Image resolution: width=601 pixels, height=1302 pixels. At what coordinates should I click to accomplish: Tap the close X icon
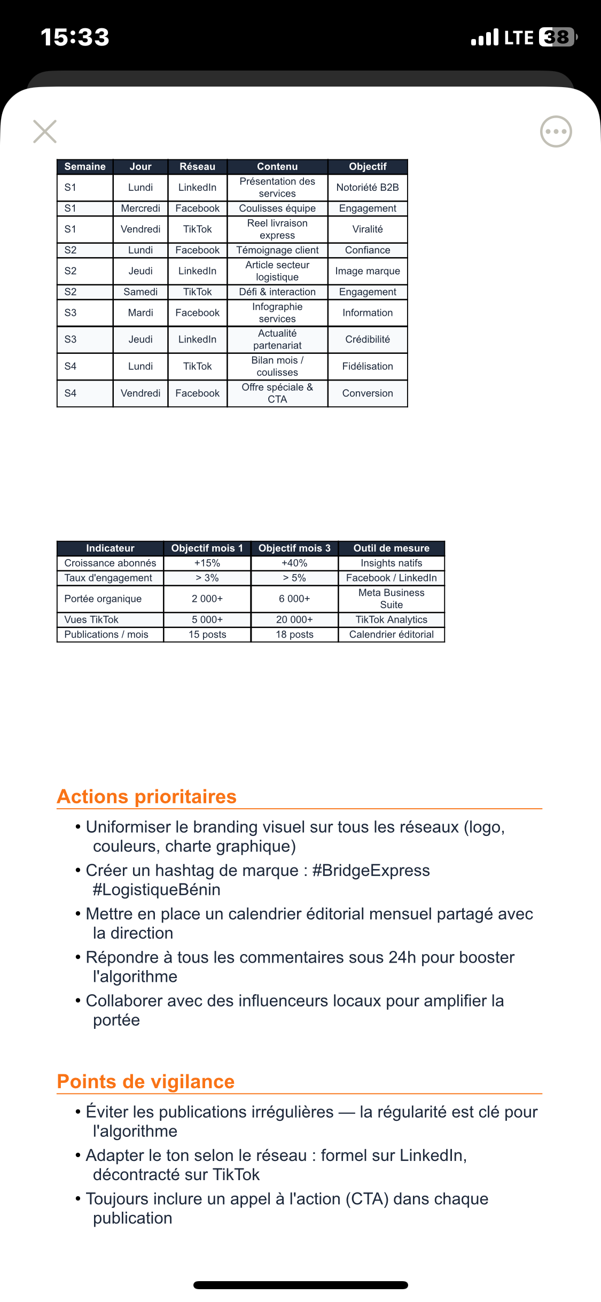pos(45,131)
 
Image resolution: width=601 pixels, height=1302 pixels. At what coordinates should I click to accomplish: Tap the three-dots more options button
pos(556,131)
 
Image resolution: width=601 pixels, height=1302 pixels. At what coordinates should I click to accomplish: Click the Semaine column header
pos(85,167)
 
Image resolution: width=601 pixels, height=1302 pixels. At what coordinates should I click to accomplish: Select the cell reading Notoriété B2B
pos(368,188)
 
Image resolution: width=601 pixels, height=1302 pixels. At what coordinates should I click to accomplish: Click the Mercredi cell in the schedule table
pos(141,208)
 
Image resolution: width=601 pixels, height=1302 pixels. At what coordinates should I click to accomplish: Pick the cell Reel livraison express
pos(277,229)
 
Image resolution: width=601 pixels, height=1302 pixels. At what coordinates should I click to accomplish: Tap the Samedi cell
pos(141,292)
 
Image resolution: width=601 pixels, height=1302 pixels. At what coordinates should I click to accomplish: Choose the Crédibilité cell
pos(368,339)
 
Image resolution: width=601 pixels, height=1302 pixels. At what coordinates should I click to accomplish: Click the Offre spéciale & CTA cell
pos(277,393)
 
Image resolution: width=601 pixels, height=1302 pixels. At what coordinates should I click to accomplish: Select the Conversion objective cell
pos(368,393)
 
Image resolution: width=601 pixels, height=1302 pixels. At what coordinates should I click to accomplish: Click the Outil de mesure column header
pos(391,548)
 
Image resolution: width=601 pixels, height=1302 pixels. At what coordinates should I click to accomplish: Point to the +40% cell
pos(294,563)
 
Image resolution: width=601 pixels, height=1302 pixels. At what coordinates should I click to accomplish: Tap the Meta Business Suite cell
pos(391,599)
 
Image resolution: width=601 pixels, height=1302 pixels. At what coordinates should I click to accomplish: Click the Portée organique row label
pos(103,599)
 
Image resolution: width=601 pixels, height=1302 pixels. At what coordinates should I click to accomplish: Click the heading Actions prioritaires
pos(147,796)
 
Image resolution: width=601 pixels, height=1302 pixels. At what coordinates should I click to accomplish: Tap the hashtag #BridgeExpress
pos(371,870)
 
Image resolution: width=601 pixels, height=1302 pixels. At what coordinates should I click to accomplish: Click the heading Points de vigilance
pos(146,1081)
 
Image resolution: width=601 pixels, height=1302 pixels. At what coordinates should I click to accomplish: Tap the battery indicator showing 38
pos(558,37)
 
